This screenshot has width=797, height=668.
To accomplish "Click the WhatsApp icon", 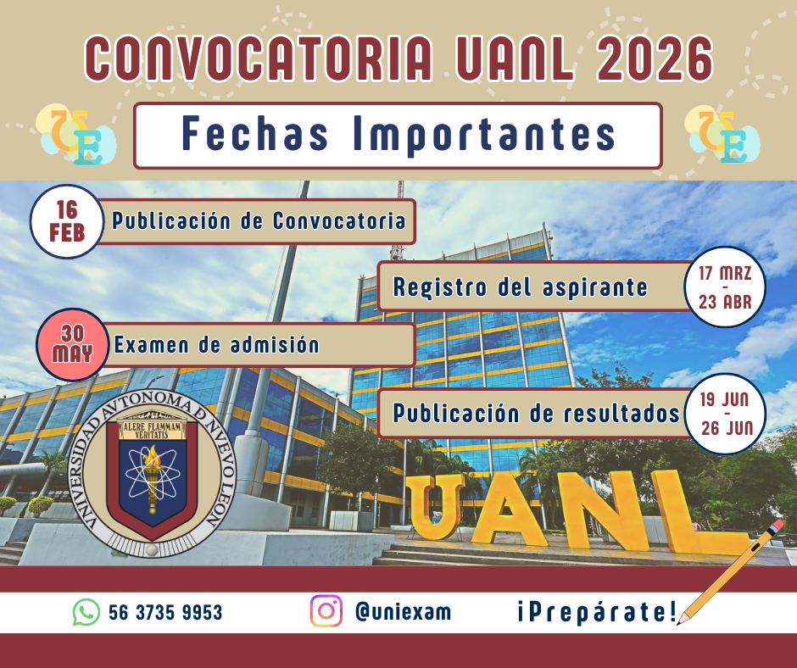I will click(86, 612).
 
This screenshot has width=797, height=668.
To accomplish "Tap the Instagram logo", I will click(326, 611).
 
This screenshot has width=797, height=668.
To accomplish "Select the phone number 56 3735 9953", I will click(165, 612).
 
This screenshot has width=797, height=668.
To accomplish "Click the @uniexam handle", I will click(403, 612).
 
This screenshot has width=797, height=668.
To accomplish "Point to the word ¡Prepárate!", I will click(596, 612).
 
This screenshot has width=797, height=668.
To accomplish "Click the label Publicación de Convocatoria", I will click(259, 222).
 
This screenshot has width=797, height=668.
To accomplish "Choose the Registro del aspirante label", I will click(520, 287).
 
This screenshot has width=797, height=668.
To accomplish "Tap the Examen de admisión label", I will click(216, 345).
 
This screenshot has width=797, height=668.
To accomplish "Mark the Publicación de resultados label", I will click(536, 414).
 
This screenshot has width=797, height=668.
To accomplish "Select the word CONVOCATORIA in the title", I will click(254, 58).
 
